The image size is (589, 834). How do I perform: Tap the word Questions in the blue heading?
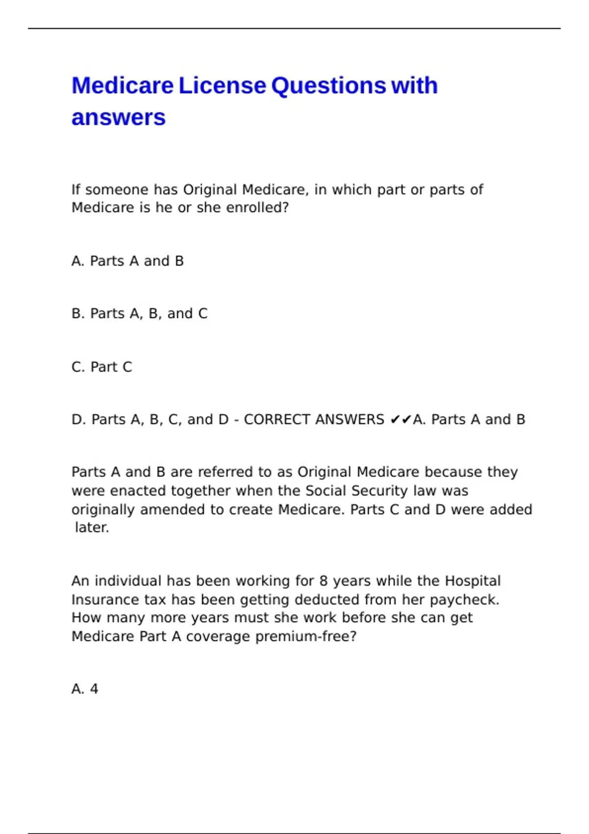click(328, 86)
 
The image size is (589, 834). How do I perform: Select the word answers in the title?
click(119, 118)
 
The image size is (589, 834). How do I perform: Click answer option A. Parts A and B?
click(128, 261)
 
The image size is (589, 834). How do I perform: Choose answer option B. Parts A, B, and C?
click(139, 313)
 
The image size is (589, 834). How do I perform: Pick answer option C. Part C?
click(102, 367)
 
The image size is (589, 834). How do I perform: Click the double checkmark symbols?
click(400, 420)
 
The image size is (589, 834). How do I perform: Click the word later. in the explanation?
click(92, 528)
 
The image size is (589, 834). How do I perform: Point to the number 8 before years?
click(323, 581)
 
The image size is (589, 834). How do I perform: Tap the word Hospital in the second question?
click(473, 581)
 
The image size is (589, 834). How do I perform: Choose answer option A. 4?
click(85, 689)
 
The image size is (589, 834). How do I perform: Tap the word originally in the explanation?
click(104, 510)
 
